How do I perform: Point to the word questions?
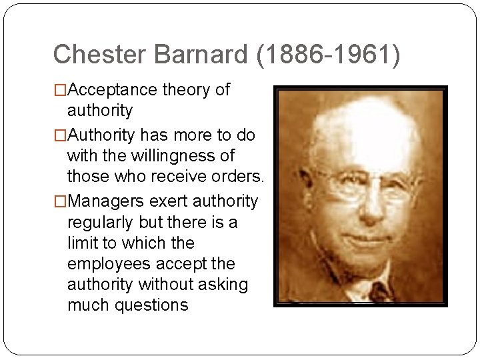[152, 305]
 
